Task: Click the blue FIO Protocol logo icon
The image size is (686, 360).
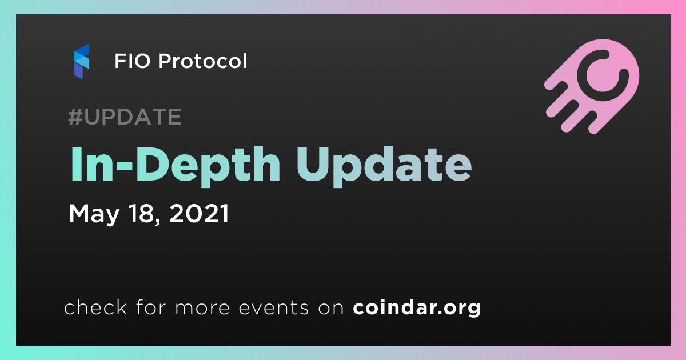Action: (x=81, y=61)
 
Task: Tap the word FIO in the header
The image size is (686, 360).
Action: (x=133, y=61)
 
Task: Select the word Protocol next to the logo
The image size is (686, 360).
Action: (x=202, y=61)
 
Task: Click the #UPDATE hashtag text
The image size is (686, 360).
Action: (x=125, y=117)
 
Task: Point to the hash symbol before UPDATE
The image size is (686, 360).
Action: (x=75, y=117)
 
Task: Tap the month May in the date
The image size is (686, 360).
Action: (x=94, y=214)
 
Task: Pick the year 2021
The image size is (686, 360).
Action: (x=199, y=213)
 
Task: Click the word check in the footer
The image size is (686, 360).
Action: (x=95, y=307)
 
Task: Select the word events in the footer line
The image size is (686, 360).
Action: (x=273, y=307)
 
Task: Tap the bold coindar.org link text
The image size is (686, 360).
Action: (x=417, y=307)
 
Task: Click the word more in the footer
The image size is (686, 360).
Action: (x=202, y=309)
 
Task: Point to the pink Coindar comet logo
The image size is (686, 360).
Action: (x=592, y=86)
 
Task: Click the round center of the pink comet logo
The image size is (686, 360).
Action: (x=602, y=75)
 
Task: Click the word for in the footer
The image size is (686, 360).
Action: (x=151, y=307)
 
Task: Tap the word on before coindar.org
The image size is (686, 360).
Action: (x=331, y=309)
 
